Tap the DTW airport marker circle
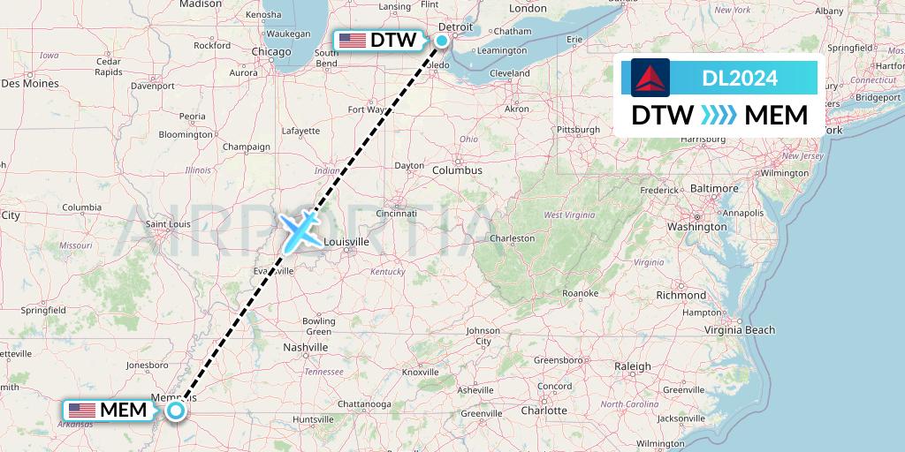[x=441, y=40]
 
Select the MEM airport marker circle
[x=177, y=410]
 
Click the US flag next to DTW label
[x=352, y=41]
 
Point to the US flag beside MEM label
[x=81, y=411]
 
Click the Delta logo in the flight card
[x=651, y=78]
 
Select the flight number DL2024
[x=740, y=79]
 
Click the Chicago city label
[x=270, y=51]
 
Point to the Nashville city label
[x=305, y=348]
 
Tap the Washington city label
[x=696, y=227]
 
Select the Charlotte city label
[x=544, y=411]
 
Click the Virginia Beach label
[x=741, y=330]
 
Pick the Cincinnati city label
[x=395, y=213]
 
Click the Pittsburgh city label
[x=578, y=130]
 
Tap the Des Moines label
[x=29, y=84]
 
